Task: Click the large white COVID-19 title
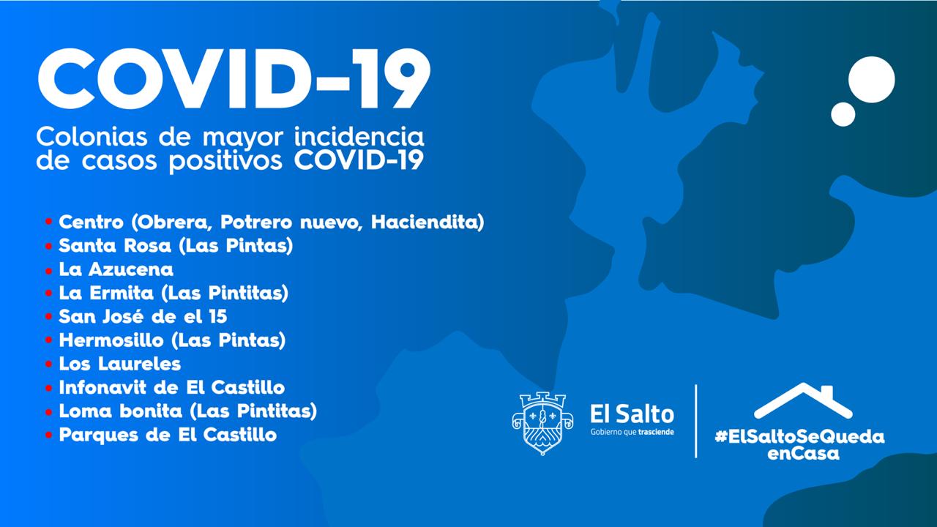(x=234, y=79)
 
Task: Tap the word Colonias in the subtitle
(x=92, y=137)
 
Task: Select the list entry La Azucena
(x=116, y=269)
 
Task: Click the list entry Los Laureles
(x=119, y=364)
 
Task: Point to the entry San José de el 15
(x=143, y=317)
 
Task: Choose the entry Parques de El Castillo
(x=168, y=435)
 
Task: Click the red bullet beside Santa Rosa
(x=48, y=246)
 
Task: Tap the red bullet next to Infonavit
(x=48, y=388)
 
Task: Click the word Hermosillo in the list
(x=111, y=340)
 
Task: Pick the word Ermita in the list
(x=122, y=293)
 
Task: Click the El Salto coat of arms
(x=542, y=423)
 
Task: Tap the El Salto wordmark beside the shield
(x=632, y=414)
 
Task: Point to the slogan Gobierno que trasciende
(x=632, y=432)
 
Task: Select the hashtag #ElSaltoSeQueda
(x=800, y=437)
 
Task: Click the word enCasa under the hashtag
(x=803, y=454)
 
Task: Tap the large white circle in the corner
(x=872, y=80)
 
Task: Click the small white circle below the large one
(x=843, y=114)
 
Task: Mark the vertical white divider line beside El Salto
(x=696, y=421)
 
